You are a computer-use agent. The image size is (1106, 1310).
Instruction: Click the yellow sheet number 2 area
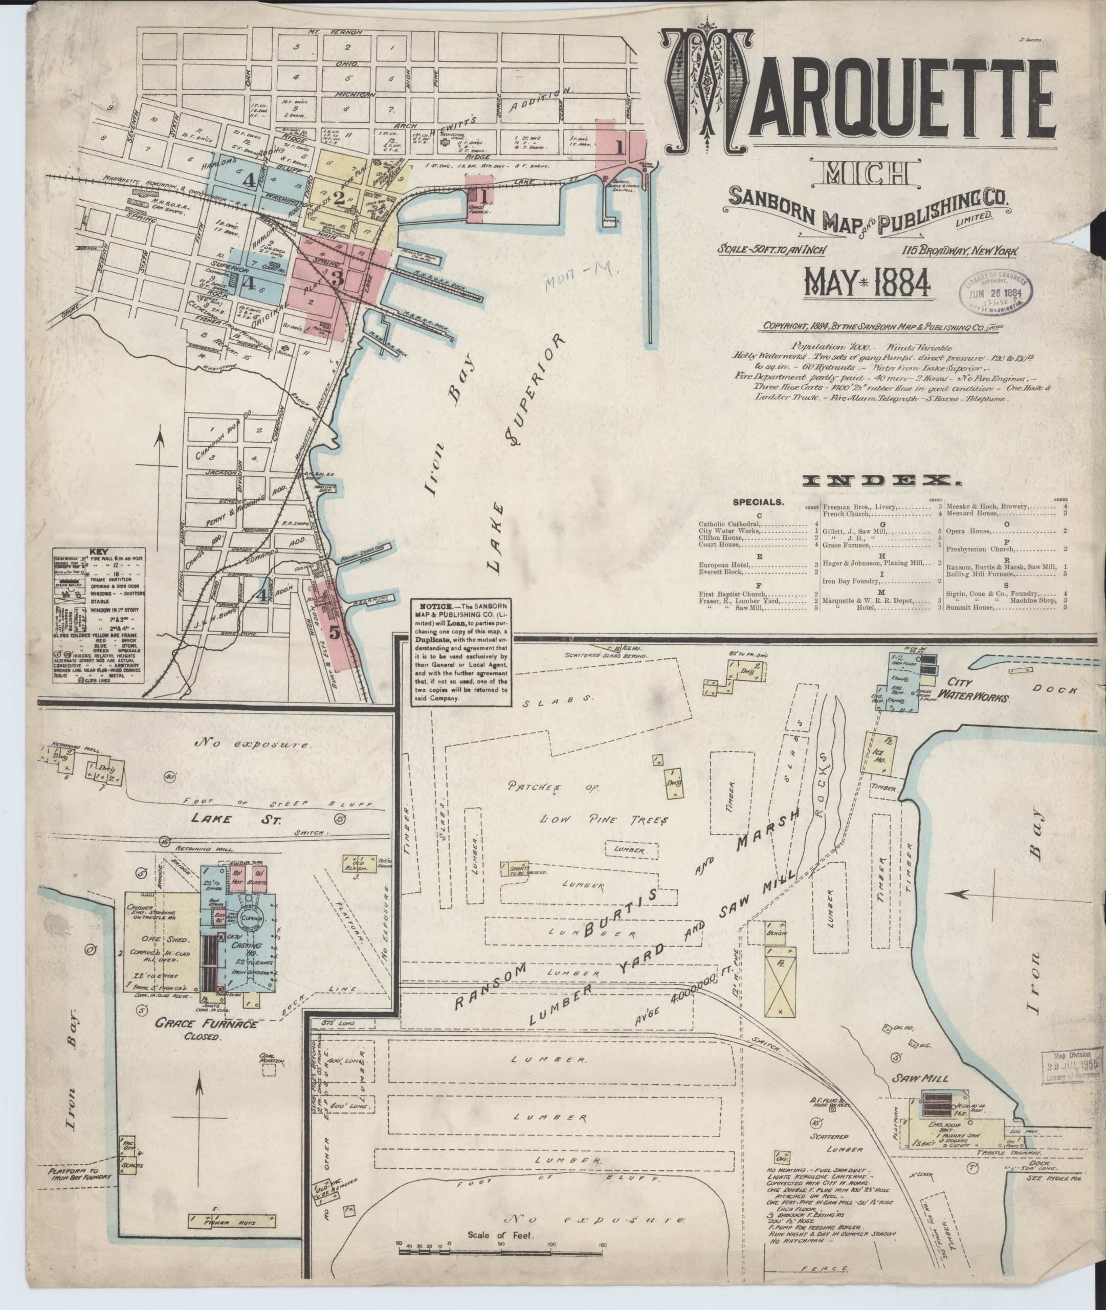click(339, 198)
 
